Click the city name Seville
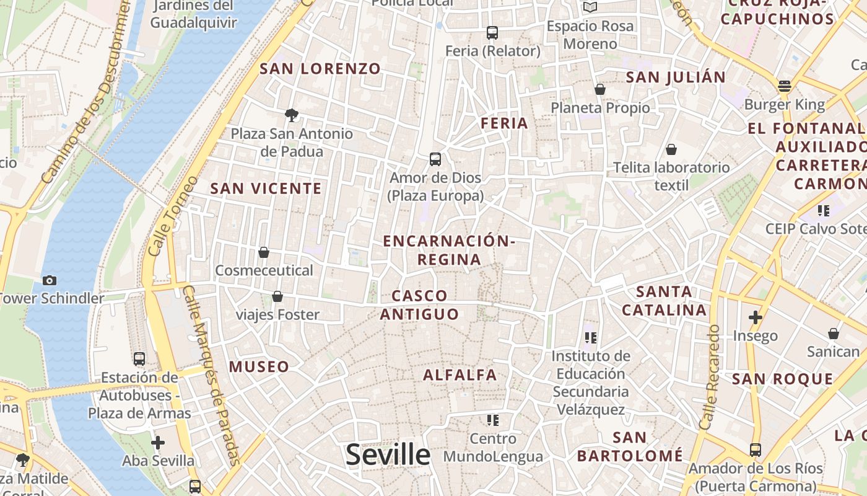(x=388, y=454)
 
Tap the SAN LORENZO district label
(x=320, y=69)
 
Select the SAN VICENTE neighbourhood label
(x=266, y=188)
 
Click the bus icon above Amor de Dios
(x=435, y=159)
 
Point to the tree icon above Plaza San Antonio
(x=291, y=115)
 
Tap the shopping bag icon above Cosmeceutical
(x=264, y=252)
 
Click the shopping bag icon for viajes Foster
(x=277, y=296)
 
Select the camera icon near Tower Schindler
(x=50, y=280)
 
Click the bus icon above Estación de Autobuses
(x=139, y=358)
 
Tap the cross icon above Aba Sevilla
(x=158, y=443)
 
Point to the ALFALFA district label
(x=460, y=375)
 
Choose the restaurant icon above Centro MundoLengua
(x=493, y=420)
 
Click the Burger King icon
(x=785, y=86)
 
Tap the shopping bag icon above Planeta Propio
(x=600, y=90)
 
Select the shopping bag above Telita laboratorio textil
(x=671, y=149)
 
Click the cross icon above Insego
(x=755, y=317)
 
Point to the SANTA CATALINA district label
(x=664, y=301)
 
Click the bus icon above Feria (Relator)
(x=492, y=33)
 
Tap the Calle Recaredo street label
(x=710, y=377)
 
